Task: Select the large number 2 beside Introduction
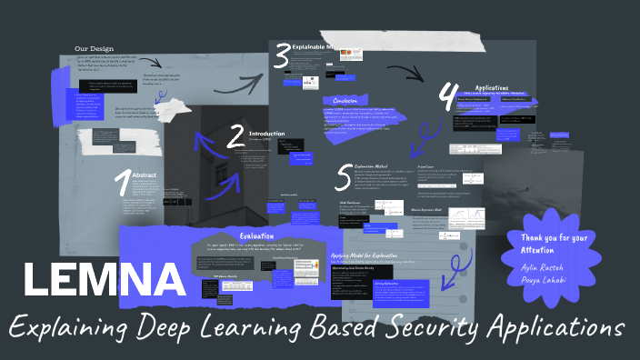pos(235,136)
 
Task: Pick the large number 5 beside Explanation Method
pos(343,174)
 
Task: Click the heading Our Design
pos(94,49)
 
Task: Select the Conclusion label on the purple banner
pos(345,101)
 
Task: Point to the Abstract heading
pos(145,175)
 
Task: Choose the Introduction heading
pos(267,132)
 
